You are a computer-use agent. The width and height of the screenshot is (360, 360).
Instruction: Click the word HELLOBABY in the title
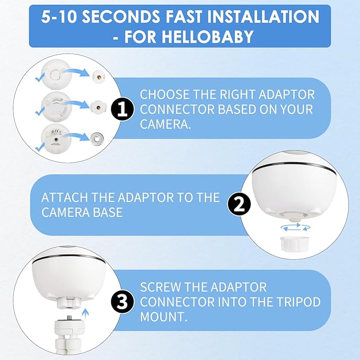[189, 37]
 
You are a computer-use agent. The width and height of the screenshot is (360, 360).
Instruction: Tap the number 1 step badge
[122, 109]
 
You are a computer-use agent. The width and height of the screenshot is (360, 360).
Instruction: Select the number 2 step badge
[239, 204]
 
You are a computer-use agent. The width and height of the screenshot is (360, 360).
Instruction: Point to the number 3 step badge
[122, 302]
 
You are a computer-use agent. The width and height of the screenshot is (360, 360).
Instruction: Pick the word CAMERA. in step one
[165, 124]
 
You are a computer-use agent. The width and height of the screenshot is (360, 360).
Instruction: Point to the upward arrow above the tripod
[85, 314]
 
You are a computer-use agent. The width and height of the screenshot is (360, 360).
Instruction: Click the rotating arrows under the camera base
[295, 227]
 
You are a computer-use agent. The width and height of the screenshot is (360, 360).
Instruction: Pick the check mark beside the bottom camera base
[40, 146]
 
